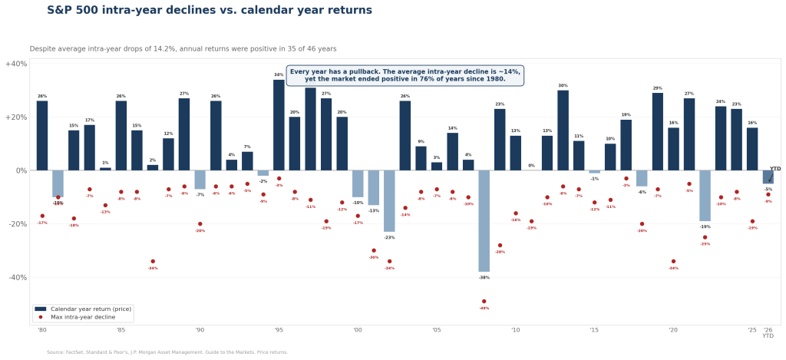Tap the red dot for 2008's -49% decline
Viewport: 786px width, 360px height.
pos(484,302)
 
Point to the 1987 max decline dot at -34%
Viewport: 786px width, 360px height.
pos(153,262)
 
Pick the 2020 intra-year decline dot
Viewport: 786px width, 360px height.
pos(673,262)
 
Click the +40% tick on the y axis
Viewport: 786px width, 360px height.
pos(16,64)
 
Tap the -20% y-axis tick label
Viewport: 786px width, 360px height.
pos(16,224)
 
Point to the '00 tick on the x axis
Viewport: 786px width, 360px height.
pos(358,330)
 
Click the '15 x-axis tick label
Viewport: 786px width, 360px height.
pos(594,330)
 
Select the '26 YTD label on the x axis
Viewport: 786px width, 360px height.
pos(768,332)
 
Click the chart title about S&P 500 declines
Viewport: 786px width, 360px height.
pos(210,10)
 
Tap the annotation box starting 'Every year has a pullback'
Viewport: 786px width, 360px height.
pos(405,75)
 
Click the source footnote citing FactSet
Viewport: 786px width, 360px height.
pos(167,352)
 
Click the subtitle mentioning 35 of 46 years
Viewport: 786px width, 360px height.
pos(183,48)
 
